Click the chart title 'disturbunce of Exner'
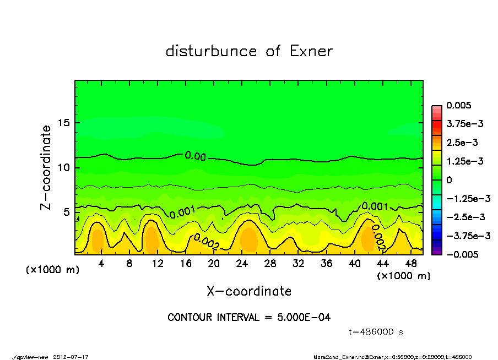coord(249,51)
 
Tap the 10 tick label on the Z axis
coord(65,167)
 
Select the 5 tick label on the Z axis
coord(67,212)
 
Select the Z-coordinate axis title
coord(46,167)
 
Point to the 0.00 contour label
coord(195,156)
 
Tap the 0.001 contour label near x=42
coord(374,207)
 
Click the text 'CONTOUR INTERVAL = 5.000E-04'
coord(249,318)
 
